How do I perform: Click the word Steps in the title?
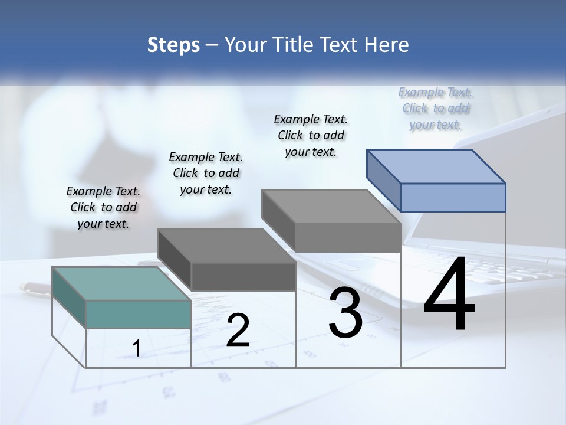tap(173, 45)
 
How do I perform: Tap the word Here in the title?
tap(387, 45)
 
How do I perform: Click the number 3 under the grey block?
tap(345, 313)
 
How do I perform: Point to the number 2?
tap(238, 331)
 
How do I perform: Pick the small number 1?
tap(136, 349)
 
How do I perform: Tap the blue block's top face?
tap(436, 166)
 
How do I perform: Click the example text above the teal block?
tap(103, 207)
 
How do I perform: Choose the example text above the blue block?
tap(436, 108)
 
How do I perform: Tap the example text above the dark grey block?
tap(206, 173)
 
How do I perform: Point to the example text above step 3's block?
tap(311, 135)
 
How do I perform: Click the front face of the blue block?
tap(453, 197)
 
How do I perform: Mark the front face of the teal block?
tap(138, 314)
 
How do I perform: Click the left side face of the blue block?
tap(383, 179)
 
